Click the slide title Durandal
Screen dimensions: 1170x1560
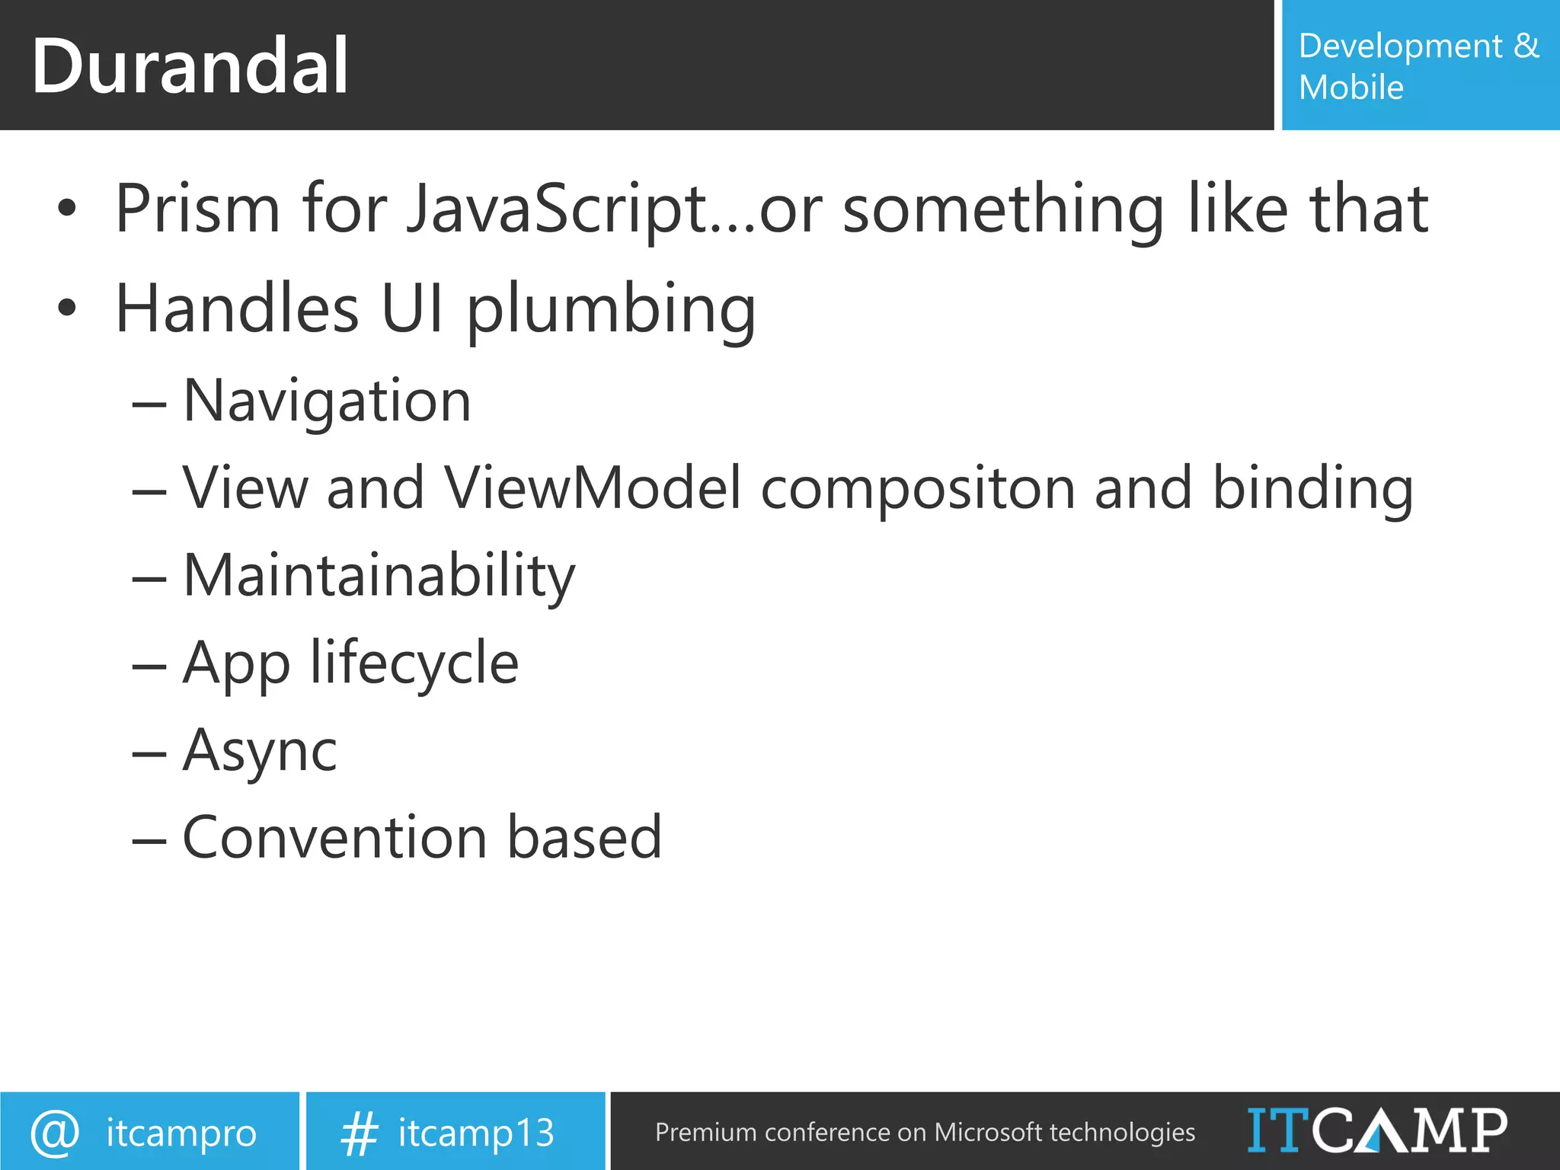click(190, 67)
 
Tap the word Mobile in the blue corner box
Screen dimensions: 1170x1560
click(1351, 88)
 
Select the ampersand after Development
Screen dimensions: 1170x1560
click(1526, 46)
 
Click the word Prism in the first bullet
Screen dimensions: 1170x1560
click(197, 209)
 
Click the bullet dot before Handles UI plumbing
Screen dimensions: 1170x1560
click(67, 308)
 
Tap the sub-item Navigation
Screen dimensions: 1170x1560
click(327, 401)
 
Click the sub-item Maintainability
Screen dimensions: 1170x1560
click(379, 577)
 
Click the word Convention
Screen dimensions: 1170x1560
click(334, 838)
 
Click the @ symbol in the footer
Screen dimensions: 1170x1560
click(55, 1133)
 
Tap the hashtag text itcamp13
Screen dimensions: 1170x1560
click(476, 1133)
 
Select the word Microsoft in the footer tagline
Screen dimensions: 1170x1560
click(987, 1133)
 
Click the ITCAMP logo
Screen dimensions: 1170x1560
click(1376, 1130)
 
